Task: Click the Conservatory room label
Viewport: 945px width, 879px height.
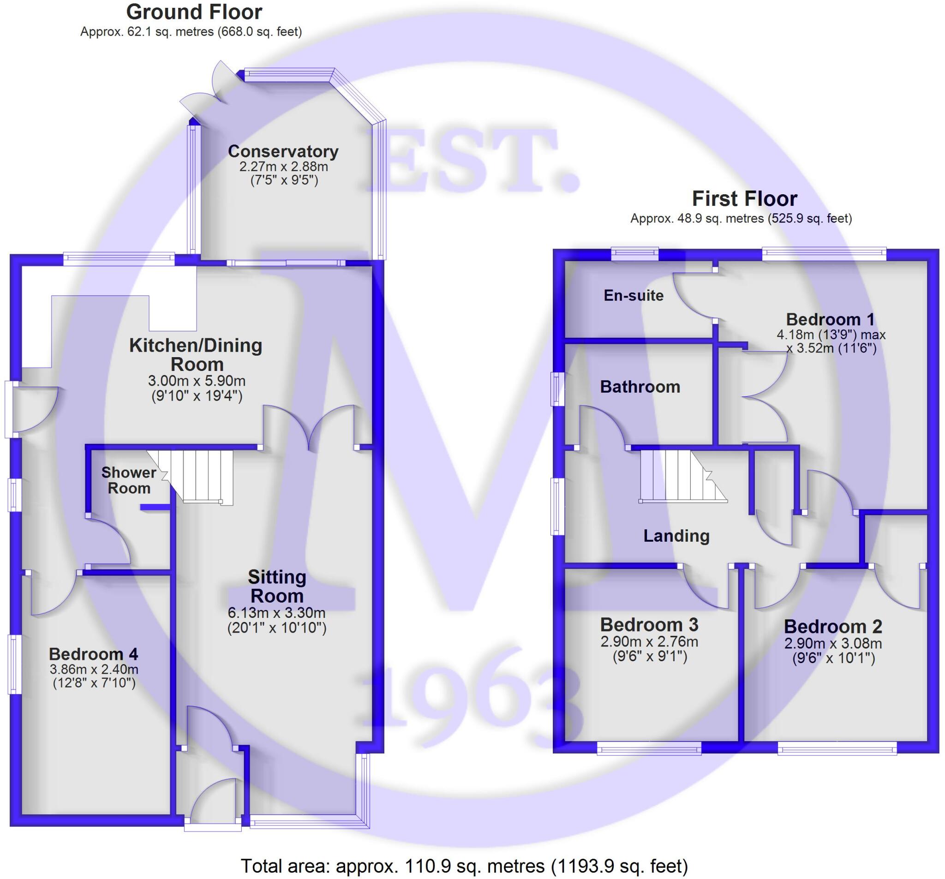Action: (283, 151)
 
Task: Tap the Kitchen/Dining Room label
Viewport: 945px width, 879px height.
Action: (196, 355)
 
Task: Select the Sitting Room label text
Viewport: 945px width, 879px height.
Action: (277, 586)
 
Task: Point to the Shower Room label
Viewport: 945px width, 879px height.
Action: (128, 480)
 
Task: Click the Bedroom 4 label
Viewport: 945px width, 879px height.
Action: (93, 654)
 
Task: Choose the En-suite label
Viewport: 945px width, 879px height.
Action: (633, 295)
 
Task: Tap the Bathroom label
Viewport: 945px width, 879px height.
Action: (640, 387)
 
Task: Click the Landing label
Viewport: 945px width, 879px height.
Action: (676, 536)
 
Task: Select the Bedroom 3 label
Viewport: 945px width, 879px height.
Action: (649, 624)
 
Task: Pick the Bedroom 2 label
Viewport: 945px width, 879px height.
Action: (833, 626)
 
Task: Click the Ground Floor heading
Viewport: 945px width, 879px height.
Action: (194, 12)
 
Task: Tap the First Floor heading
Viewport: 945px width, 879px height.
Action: (744, 198)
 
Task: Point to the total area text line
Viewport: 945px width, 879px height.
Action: (464, 866)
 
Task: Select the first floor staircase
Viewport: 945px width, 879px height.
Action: (680, 475)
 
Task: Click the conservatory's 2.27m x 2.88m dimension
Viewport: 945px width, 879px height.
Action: (283, 167)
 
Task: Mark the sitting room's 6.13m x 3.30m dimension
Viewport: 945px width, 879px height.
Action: (277, 613)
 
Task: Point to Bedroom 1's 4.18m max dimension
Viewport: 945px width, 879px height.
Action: (831, 335)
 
